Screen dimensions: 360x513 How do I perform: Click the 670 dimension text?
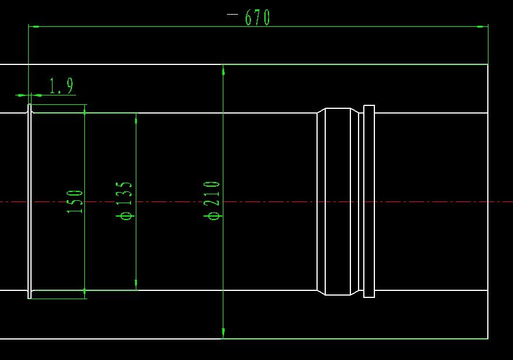pos(257,18)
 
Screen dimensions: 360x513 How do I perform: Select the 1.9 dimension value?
pos(61,87)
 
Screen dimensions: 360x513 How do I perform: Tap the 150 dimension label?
pos(75,201)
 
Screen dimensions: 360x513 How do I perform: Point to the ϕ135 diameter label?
pos(126,200)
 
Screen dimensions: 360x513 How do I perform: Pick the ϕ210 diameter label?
pos(213,200)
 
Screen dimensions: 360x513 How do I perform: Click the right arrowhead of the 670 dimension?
pos(483,26)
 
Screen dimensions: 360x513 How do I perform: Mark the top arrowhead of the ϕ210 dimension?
pos(223,70)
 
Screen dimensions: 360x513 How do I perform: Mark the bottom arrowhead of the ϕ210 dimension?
pos(223,333)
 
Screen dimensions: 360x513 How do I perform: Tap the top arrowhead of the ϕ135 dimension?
pos(136,118)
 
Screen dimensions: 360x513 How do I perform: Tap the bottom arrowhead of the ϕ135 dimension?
pos(136,285)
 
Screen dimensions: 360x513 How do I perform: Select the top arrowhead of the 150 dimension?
pos(85,109)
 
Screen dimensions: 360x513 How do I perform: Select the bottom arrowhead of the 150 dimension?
pos(85,293)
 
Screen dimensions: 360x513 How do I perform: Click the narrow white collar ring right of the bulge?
pos(369,201)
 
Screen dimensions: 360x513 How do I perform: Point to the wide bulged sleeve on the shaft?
pos(338,201)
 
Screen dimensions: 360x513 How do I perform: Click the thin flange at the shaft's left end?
pos(30,201)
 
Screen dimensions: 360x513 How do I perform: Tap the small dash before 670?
pos(232,13)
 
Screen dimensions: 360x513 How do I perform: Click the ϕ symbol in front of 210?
pos(214,215)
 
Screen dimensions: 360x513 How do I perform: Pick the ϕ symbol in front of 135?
pos(126,215)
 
